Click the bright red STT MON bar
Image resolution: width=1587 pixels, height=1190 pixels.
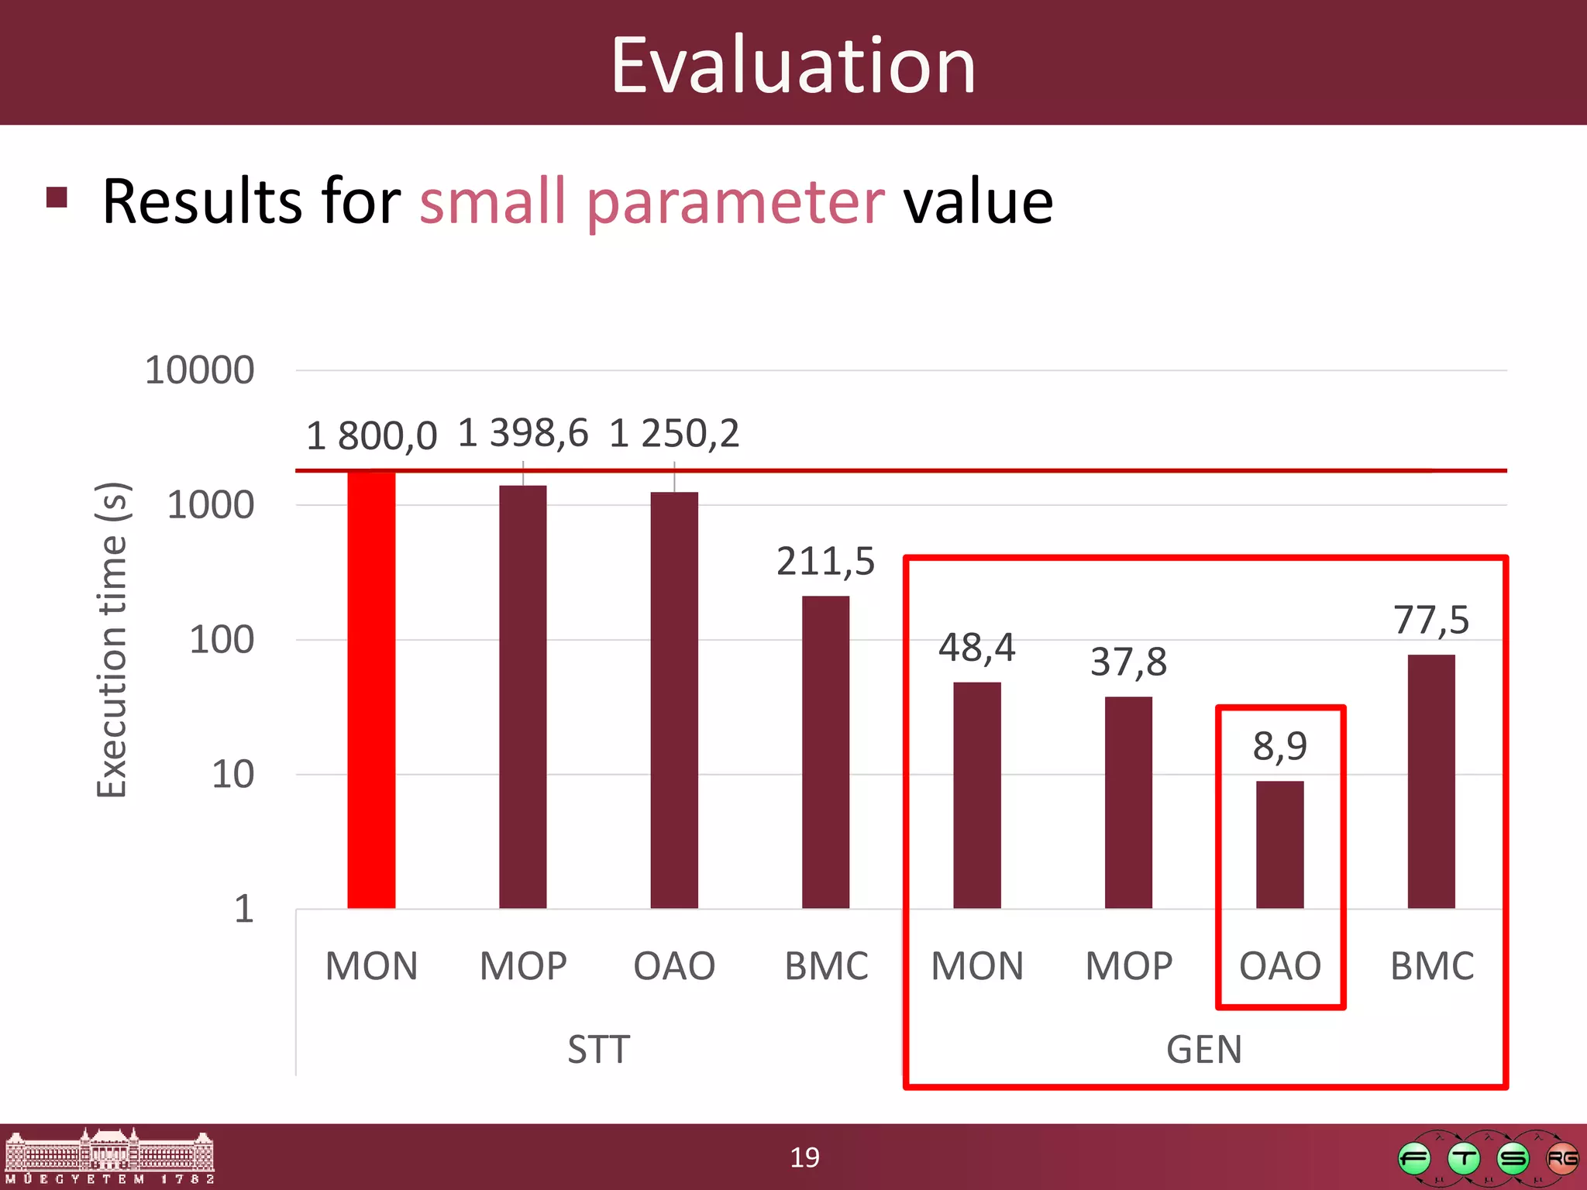[x=371, y=690]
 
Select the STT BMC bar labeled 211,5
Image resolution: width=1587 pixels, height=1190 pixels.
[x=825, y=751]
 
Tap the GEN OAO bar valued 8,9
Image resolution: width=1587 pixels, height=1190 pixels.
[x=1279, y=844]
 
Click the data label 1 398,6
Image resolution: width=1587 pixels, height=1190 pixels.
[x=523, y=432]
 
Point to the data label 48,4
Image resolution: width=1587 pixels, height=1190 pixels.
[x=976, y=647]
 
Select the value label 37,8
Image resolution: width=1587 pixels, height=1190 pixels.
[x=1128, y=662]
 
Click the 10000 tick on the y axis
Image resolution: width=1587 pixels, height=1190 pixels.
[x=200, y=370]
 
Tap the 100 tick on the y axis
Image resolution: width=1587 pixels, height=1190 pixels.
[x=222, y=640]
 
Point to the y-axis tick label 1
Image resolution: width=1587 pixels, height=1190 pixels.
[x=244, y=908]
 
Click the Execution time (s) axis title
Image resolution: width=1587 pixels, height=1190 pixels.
[x=112, y=639]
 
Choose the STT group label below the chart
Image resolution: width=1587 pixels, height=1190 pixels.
[x=598, y=1050]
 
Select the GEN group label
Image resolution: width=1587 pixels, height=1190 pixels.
[x=1204, y=1050]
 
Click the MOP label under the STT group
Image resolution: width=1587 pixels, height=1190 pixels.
[x=523, y=966]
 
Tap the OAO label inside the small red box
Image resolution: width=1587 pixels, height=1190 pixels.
[x=1280, y=966]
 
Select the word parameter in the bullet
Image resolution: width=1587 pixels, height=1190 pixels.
[x=735, y=203]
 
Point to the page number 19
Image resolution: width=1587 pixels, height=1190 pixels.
[x=804, y=1157]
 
